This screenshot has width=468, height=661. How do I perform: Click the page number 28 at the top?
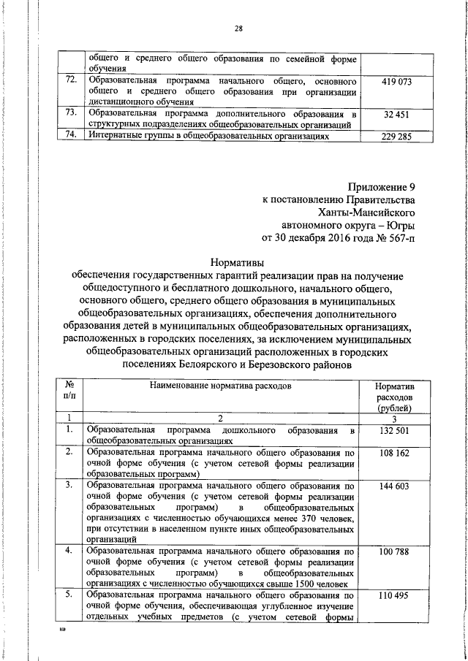pos(238,28)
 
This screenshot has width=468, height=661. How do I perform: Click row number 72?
pos(71,79)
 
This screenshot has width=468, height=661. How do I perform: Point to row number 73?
pos(71,112)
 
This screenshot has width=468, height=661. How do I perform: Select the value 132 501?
pos(394,432)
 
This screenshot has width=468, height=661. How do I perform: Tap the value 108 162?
pos(394,454)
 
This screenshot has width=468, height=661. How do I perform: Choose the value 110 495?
pos(394,596)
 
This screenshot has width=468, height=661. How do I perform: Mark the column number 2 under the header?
pos(220,418)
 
